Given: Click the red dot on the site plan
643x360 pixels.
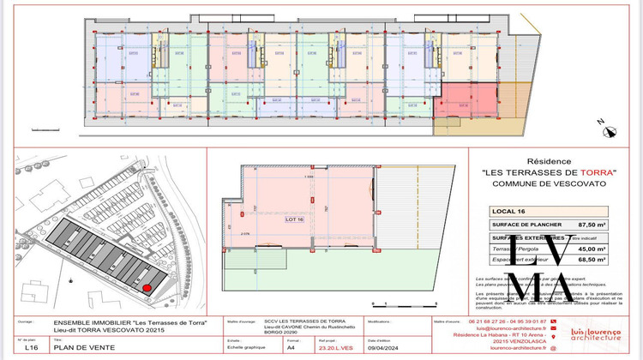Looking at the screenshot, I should (146, 289).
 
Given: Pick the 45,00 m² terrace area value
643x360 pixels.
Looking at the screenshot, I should (590, 249).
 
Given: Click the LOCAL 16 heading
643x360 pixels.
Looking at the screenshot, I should (509, 209).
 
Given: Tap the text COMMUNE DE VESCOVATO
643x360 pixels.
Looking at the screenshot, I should (549, 183).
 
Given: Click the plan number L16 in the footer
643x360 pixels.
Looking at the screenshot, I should (32, 348).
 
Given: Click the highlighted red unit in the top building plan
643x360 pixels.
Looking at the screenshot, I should (464, 99).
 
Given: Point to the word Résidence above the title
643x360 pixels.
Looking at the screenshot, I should (549, 159).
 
